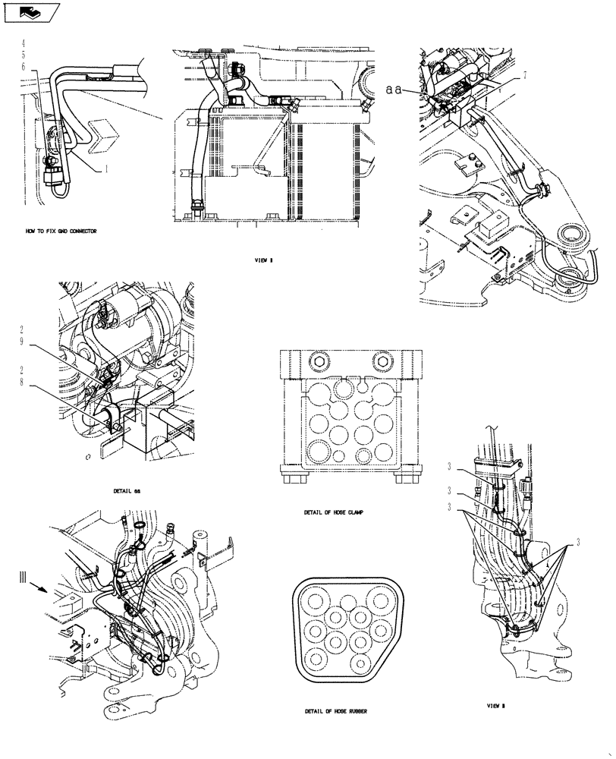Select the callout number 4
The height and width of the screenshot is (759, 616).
pos(24,43)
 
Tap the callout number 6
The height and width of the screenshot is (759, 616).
pos(24,67)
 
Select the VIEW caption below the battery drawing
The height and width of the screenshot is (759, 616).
pos(264,260)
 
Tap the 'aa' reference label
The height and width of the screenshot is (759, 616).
pos(392,89)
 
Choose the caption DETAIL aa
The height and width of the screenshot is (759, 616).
pos(127,491)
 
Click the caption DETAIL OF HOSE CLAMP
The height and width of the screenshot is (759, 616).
pos(332,512)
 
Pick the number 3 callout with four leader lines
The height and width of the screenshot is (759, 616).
pos(577,542)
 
